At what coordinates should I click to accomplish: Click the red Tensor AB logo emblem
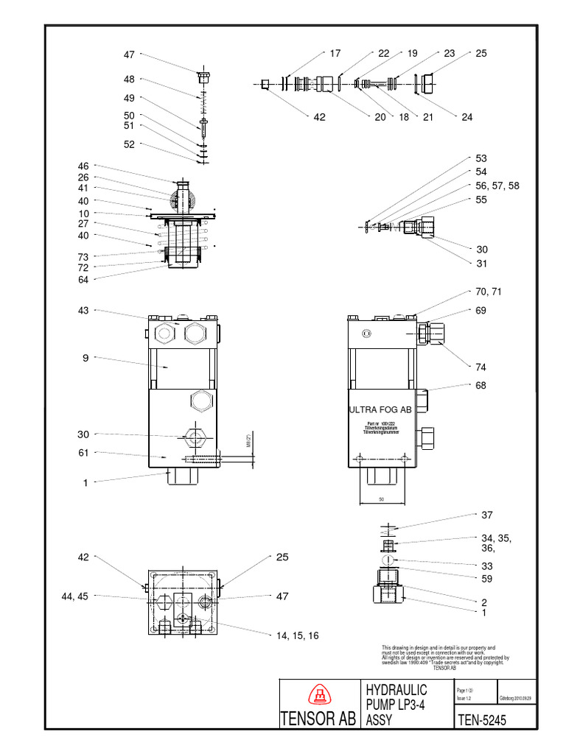click(x=319, y=695)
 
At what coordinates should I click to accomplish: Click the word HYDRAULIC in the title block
click(x=396, y=689)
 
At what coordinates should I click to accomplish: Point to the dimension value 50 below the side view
click(x=382, y=498)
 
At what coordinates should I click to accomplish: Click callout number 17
click(x=335, y=54)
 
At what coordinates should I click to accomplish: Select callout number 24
click(x=467, y=117)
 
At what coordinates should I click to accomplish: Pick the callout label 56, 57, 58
click(x=497, y=186)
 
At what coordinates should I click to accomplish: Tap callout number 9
click(x=86, y=359)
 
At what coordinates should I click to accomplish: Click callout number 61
click(x=83, y=453)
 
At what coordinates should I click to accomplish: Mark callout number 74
click(x=481, y=367)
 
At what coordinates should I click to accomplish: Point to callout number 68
click(x=481, y=385)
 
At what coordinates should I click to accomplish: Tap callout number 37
click(x=486, y=515)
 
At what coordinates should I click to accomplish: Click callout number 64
click(x=83, y=280)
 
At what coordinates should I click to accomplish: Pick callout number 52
click(x=129, y=145)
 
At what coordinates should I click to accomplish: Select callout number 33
click(x=486, y=565)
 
